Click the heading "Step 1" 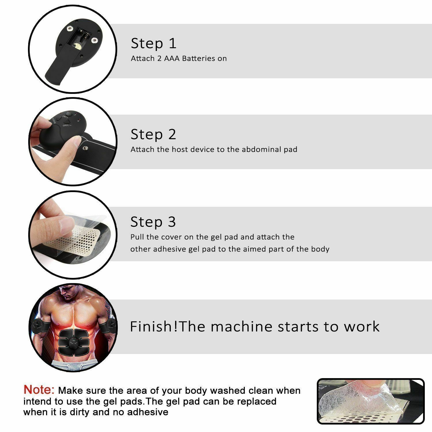point(153,43)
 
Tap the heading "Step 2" point(153,134)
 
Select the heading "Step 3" point(153,222)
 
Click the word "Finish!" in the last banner point(154,327)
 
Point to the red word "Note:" point(39,390)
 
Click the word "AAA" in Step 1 point(172,58)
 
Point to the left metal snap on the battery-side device point(69,28)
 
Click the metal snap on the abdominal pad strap point(85,148)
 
